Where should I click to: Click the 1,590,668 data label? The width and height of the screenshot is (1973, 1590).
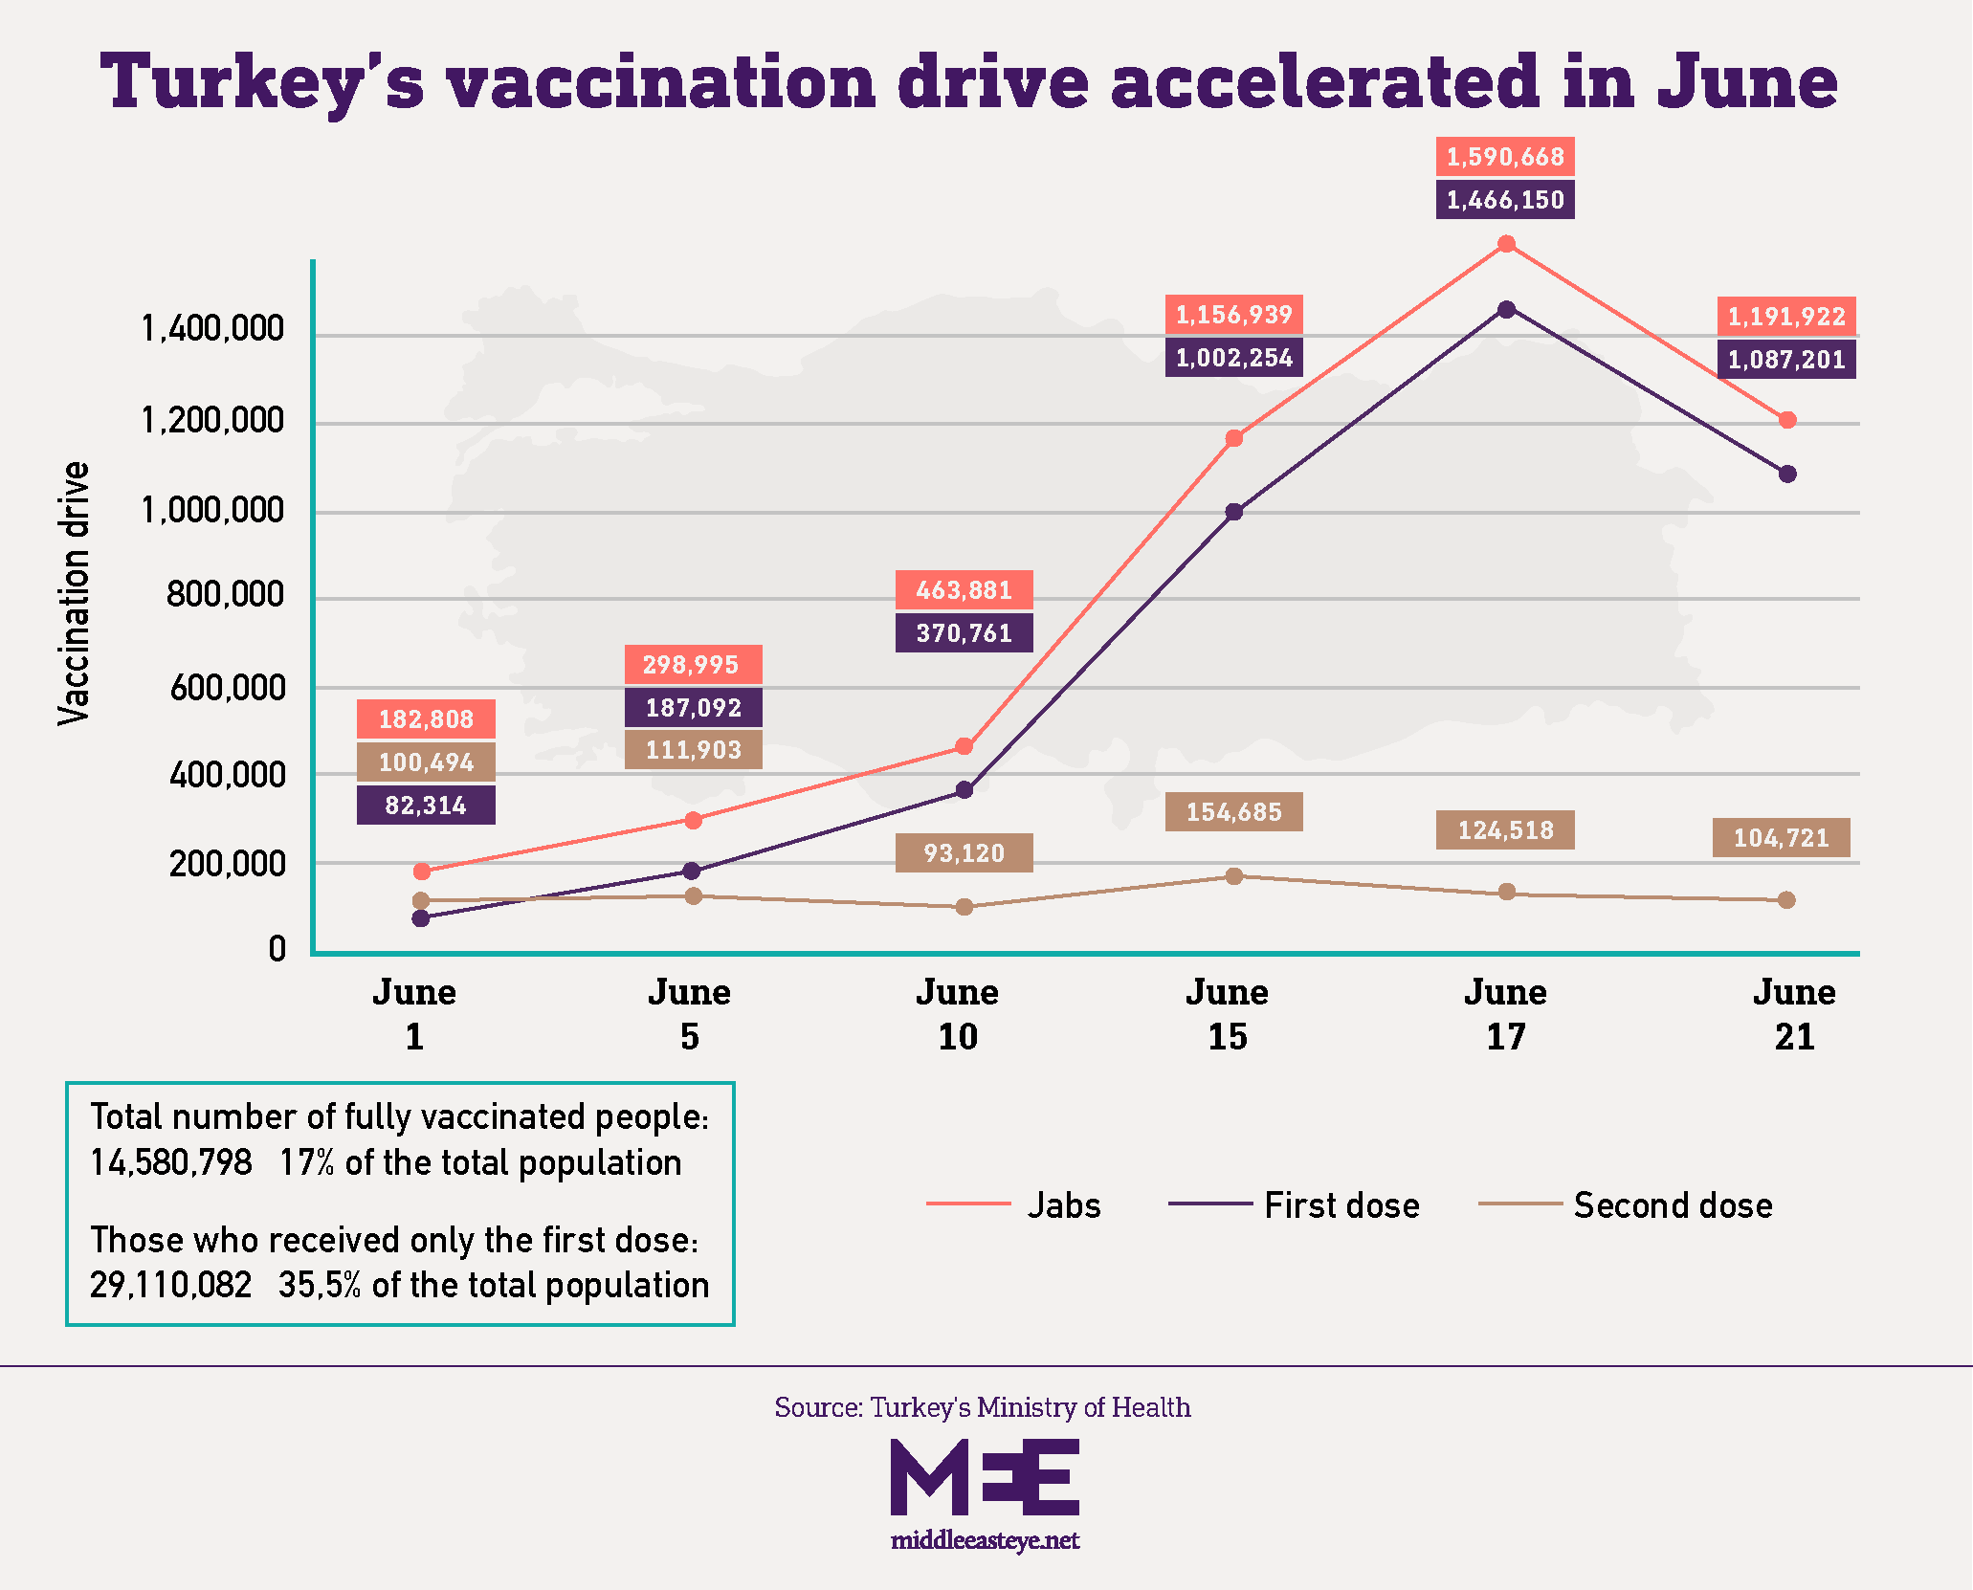(x=1504, y=157)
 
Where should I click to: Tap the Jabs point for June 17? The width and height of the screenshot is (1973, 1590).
(x=1506, y=244)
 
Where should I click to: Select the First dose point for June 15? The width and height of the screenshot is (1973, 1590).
(x=1234, y=512)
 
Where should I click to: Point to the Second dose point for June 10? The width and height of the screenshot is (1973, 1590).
(x=964, y=907)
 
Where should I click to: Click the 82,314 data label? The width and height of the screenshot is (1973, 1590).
(x=426, y=806)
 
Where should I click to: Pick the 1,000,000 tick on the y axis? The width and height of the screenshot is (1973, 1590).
(x=212, y=511)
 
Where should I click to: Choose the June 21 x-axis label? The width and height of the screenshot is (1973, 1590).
(x=1794, y=1014)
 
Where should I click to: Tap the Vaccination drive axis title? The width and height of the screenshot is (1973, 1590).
(x=74, y=593)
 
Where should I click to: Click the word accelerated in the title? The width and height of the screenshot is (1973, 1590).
(x=1325, y=82)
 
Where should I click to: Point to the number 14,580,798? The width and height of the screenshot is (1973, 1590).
(x=171, y=1163)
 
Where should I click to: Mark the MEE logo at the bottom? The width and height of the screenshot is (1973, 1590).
(x=985, y=1477)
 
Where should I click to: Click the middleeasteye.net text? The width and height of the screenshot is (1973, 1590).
(x=985, y=1540)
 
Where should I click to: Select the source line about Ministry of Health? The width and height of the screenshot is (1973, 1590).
(x=983, y=1407)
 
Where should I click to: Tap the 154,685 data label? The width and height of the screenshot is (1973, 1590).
(x=1233, y=812)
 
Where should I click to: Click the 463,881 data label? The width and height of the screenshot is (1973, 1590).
(x=964, y=590)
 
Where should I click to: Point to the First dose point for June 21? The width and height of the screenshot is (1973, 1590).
(x=1787, y=474)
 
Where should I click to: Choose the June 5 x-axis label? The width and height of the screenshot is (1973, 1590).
(x=689, y=1014)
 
